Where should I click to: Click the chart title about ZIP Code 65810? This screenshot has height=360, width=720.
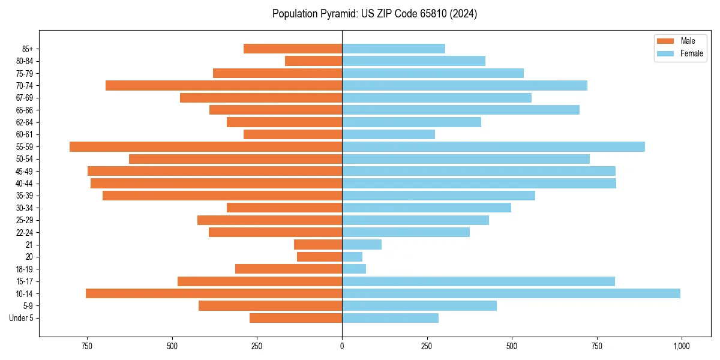(374, 14)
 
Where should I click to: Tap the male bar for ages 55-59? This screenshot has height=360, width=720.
(206, 147)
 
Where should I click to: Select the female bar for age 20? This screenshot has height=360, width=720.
(352, 257)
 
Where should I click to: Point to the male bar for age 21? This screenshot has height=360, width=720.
(318, 245)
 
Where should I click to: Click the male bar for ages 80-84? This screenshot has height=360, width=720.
(313, 61)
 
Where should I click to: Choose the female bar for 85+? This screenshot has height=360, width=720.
(394, 49)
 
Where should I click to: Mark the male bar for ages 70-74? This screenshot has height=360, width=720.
(224, 85)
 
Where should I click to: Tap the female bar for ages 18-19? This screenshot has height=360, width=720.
(354, 269)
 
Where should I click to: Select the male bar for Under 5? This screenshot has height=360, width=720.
(296, 318)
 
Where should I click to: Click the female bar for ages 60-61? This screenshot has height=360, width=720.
(388, 134)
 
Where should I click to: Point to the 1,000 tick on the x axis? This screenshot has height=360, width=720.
(681, 346)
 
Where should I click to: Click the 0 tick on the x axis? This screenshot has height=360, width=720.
(342, 346)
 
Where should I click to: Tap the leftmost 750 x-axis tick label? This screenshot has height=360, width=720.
(88, 346)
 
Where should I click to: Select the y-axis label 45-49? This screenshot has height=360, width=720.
(25, 171)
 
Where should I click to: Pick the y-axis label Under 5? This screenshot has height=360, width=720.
(21, 318)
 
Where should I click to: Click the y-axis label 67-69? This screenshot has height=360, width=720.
(25, 98)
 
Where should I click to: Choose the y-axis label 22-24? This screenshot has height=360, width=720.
(25, 232)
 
